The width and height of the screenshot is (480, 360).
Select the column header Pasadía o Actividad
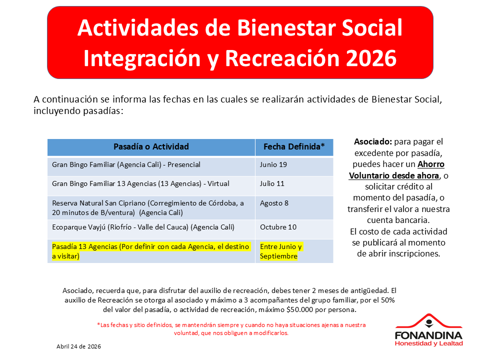tap(151, 146)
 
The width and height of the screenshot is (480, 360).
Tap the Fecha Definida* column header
tap(294, 146)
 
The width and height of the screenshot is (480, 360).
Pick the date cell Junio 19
tap(273, 164)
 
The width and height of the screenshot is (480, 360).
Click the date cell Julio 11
tap(272, 183)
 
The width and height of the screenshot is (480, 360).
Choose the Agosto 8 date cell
tap(274, 203)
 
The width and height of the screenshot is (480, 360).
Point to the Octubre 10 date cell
tap(278, 227)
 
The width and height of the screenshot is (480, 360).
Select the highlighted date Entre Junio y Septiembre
tap(281, 251)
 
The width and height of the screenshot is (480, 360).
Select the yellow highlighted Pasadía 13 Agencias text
tap(150, 251)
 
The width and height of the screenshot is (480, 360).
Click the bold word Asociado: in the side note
tap(373, 141)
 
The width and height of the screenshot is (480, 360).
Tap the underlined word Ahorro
tap(430, 164)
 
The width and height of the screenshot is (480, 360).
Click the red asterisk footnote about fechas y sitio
tap(231, 329)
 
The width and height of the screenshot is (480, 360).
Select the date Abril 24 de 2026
tap(78, 346)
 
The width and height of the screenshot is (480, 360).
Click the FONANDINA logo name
tap(428, 335)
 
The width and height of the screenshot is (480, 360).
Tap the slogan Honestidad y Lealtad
tap(428, 343)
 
